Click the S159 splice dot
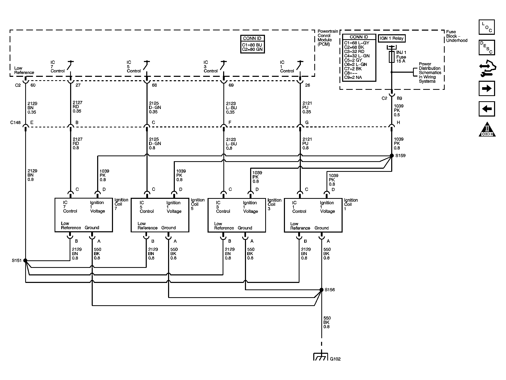pos(392,155)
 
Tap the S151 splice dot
pos(25,260)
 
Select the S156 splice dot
pos(322,290)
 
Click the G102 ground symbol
pos(321,357)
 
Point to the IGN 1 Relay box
pos(392,38)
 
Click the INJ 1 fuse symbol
pos(392,57)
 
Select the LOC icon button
pos(487,27)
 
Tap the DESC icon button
pos(487,47)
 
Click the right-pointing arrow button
pos(487,89)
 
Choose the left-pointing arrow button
pos(487,109)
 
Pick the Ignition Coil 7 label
pos(121,204)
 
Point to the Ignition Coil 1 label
pos(351,204)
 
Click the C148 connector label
pos(15,123)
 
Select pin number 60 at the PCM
pos(33,85)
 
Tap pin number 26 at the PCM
pos(308,85)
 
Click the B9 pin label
pos(399,98)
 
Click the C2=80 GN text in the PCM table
pos(252,49)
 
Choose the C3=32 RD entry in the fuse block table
pos(354,51)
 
